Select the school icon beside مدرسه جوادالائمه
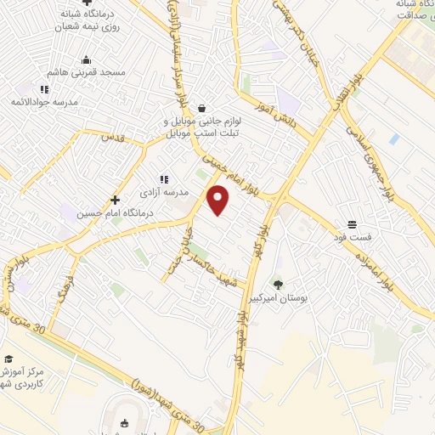click(44, 88)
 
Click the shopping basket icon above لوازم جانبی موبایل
click(201, 108)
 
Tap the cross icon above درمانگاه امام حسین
click(115, 200)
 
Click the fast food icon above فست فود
click(351, 225)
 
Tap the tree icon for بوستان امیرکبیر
click(277, 285)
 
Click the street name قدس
click(112, 137)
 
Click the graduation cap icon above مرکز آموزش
click(8, 359)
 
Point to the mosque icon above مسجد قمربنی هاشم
click(86, 59)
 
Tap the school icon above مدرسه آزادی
click(163, 179)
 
